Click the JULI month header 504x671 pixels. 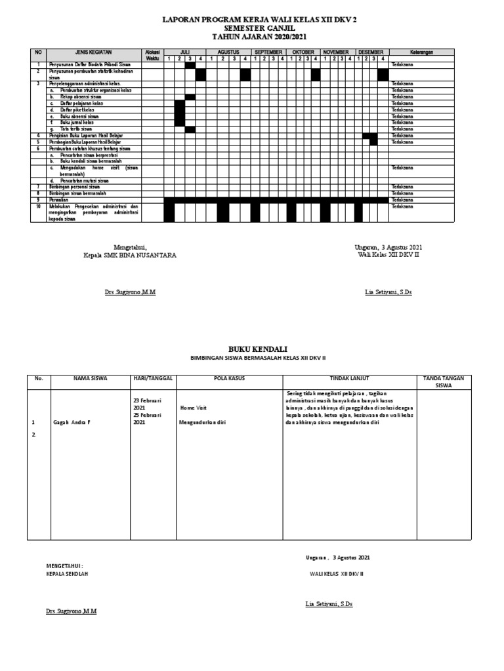click(184, 52)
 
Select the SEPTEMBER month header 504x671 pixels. click(268, 52)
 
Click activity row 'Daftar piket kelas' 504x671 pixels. click(76, 110)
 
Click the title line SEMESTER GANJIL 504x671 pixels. click(251, 29)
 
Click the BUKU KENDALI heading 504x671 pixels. click(251, 349)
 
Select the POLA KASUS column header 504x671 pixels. click(229, 378)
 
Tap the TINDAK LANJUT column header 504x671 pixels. click(349, 378)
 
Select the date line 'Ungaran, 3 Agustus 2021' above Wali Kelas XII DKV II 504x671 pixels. click(388, 247)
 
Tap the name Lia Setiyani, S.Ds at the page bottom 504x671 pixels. click(329, 604)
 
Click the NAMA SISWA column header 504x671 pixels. click(90, 378)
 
